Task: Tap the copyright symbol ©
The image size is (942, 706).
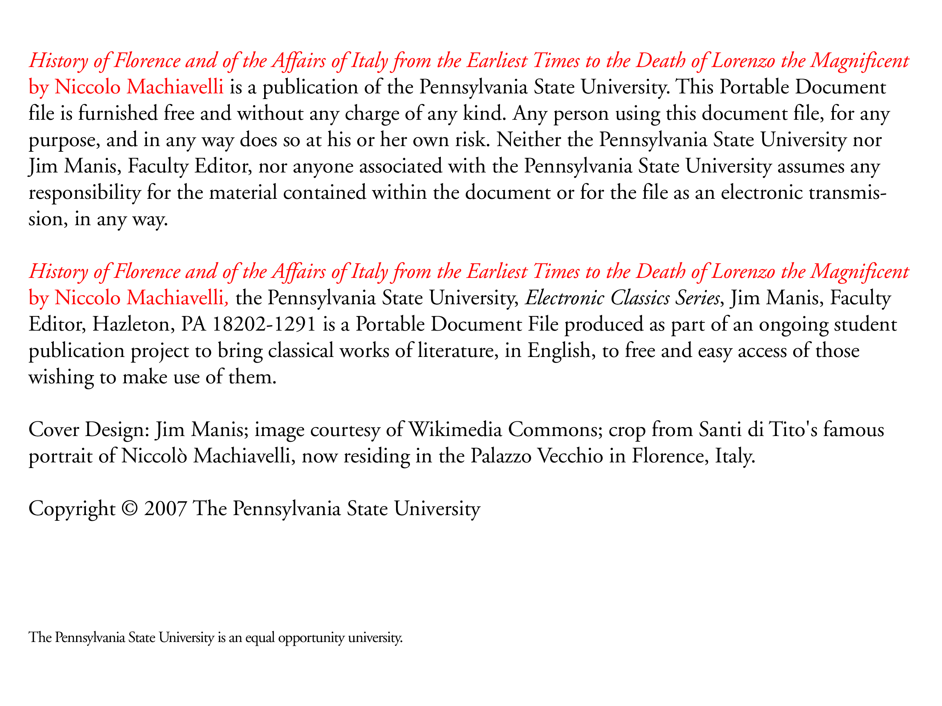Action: pos(130,509)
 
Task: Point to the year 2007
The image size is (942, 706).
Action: pos(165,509)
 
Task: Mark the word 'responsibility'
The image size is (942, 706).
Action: pos(84,193)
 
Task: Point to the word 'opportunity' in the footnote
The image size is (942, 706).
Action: pos(311,637)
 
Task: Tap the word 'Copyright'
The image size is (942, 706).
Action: pos(72,509)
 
